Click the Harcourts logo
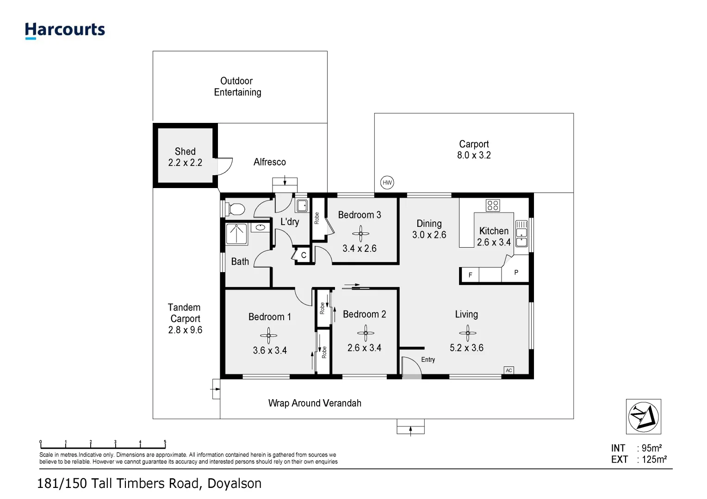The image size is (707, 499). [x=65, y=30]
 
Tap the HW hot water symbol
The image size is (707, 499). [x=387, y=183]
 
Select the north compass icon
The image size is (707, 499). [x=643, y=416]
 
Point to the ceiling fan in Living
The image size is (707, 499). [x=467, y=332]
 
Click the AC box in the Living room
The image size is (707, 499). [x=509, y=370]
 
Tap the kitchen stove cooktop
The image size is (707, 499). [x=493, y=205]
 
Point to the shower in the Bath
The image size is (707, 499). [x=236, y=234]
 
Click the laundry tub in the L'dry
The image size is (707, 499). [x=302, y=205]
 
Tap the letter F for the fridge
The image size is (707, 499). [x=471, y=275]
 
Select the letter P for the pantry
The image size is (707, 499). [x=516, y=273]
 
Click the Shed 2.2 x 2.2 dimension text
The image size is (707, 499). [x=185, y=163]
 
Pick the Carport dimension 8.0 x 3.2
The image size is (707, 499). [x=474, y=155]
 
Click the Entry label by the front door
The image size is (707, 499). [x=428, y=359]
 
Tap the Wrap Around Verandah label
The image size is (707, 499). [x=315, y=403]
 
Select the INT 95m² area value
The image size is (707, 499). [x=651, y=448]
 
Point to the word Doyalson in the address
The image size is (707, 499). [x=234, y=483]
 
